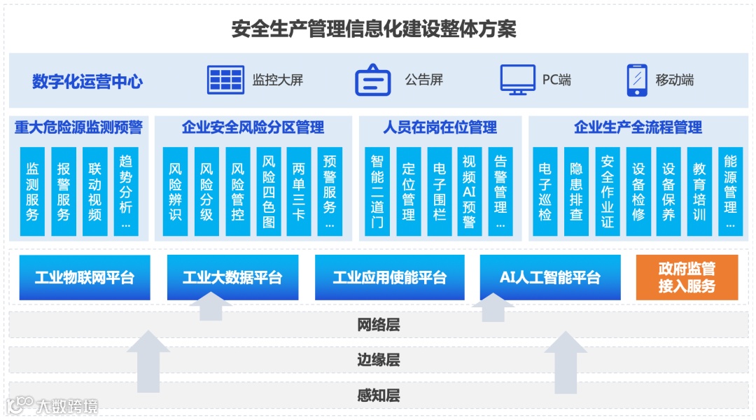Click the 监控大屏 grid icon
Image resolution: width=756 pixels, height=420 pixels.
point(225,80)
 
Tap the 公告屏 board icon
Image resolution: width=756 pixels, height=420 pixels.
point(372,80)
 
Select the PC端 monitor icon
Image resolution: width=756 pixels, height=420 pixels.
point(517,80)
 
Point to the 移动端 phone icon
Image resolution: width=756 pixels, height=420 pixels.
point(636,80)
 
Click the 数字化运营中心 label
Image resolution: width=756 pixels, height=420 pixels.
point(87,81)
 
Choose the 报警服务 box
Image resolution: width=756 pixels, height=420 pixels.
point(64,191)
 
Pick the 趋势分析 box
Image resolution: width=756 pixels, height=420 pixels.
point(126,191)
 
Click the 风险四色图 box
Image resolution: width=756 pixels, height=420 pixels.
point(269,191)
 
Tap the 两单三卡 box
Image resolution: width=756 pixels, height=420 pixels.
point(300,191)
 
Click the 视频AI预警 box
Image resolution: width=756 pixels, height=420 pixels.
point(469,191)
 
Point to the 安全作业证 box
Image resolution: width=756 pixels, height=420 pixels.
point(607,191)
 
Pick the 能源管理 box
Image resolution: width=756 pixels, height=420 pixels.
point(730,191)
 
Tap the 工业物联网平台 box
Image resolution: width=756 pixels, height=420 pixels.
point(85,278)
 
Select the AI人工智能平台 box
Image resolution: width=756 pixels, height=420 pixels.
point(549,278)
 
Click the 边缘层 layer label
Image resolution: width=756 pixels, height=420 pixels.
point(378,360)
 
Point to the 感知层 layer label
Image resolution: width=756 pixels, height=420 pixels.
point(378,396)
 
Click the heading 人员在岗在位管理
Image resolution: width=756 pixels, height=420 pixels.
point(440,127)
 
